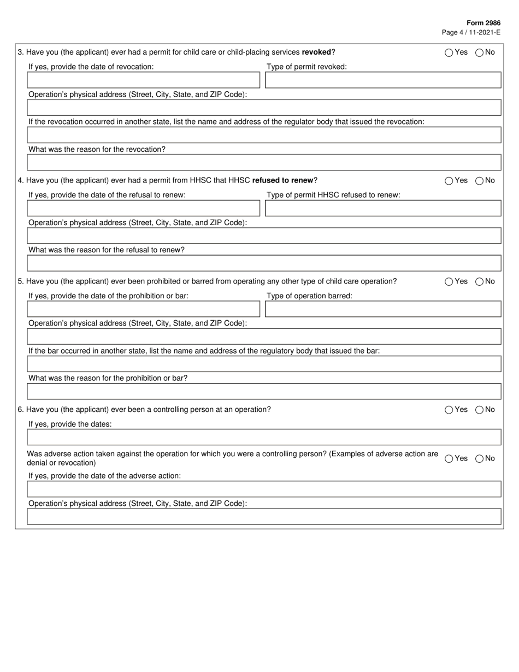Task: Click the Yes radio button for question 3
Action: click(x=449, y=53)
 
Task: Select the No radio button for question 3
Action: click(x=479, y=53)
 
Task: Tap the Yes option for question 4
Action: click(x=449, y=181)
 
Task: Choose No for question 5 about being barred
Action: click(x=479, y=282)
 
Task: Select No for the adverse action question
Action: click(x=479, y=459)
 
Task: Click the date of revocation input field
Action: click(x=143, y=80)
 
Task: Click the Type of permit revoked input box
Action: click(x=382, y=80)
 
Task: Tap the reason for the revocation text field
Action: click(x=264, y=163)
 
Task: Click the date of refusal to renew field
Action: click(x=143, y=209)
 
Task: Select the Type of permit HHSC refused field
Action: click(x=382, y=209)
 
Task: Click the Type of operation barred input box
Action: click(x=382, y=309)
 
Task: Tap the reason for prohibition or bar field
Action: click(x=264, y=392)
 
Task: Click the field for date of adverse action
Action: click(x=264, y=489)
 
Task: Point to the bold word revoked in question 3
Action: click(x=316, y=52)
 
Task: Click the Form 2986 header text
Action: click(x=483, y=23)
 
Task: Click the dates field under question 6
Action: click(x=264, y=438)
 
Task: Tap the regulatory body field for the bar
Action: click(x=264, y=364)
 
